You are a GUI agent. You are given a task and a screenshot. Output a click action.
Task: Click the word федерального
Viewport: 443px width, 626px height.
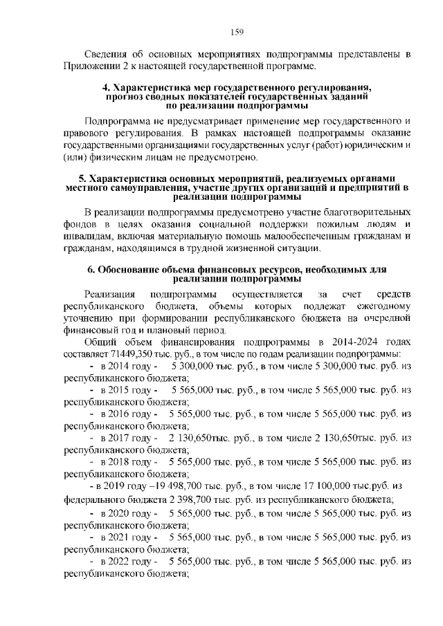95,499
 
